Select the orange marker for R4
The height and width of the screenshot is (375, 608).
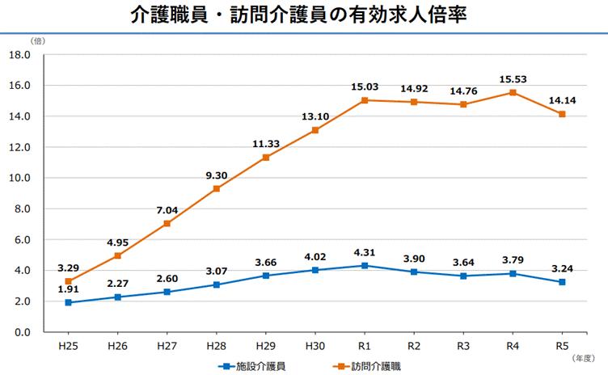click(x=512, y=93)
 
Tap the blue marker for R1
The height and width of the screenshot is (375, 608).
click(x=365, y=265)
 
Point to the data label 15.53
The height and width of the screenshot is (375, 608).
click(x=512, y=78)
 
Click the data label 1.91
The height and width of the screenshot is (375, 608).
click(x=69, y=289)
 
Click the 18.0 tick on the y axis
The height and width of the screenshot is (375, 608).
click(x=19, y=55)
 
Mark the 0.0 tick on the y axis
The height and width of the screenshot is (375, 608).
click(x=21, y=332)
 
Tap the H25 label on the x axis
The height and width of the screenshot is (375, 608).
click(x=69, y=345)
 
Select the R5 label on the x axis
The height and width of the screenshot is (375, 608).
click(x=561, y=345)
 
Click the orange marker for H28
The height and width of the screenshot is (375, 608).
click(x=217, y=188)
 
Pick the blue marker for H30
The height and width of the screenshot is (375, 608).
click(x=315, y=270)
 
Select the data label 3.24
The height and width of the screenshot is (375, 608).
click(x=561, y=268)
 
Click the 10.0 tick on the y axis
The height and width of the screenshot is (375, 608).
click(x=19, y=178)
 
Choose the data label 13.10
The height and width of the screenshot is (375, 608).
click(x=315, y=116)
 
